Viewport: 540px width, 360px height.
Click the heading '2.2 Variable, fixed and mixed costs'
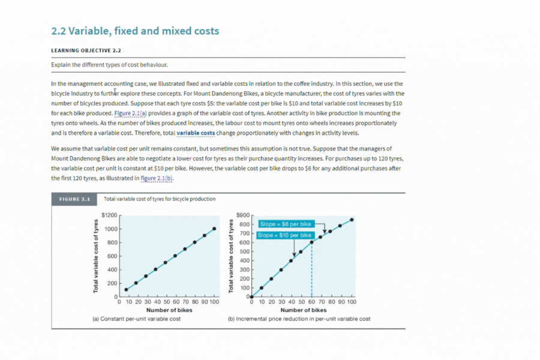point(135,31)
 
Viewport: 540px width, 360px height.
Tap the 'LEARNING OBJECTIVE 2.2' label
point(86,50)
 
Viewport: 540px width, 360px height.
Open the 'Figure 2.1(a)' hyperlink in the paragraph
point(131,113)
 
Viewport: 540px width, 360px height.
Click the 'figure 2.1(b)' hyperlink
point(157,178)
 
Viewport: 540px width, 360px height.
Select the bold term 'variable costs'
point(196,133)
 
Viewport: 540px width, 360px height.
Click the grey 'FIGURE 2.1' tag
point(74,199)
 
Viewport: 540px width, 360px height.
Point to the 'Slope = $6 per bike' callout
point(286,224)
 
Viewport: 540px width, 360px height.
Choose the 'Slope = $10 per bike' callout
point(285,235)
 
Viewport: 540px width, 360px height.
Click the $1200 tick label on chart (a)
point(110,215)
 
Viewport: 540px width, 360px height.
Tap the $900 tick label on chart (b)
point(243,215)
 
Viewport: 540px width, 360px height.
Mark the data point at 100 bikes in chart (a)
point(214,229)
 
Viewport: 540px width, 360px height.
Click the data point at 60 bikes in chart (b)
point(311,242)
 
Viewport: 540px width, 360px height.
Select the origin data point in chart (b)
point(252,296)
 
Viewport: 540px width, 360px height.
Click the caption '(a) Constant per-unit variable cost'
point(136,319)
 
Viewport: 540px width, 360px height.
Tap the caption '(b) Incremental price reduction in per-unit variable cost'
point(299,319)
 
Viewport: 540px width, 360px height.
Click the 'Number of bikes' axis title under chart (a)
point(169,310)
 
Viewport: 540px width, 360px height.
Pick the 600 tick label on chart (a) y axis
point(112,256)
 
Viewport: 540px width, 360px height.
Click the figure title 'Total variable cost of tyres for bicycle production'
point(160,199)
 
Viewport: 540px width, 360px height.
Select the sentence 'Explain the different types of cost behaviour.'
point(110,65)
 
